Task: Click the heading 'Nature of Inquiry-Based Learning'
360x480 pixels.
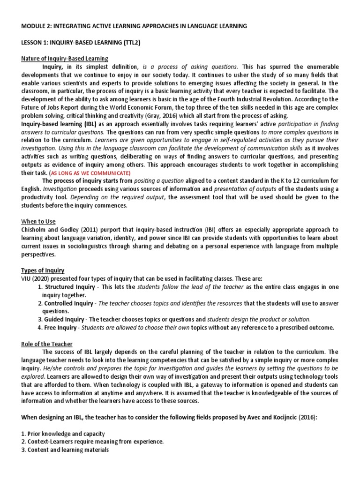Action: pyautogui.click(x=65, y=59)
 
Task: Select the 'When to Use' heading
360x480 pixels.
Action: pyautogui.click(x=37, y=221)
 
